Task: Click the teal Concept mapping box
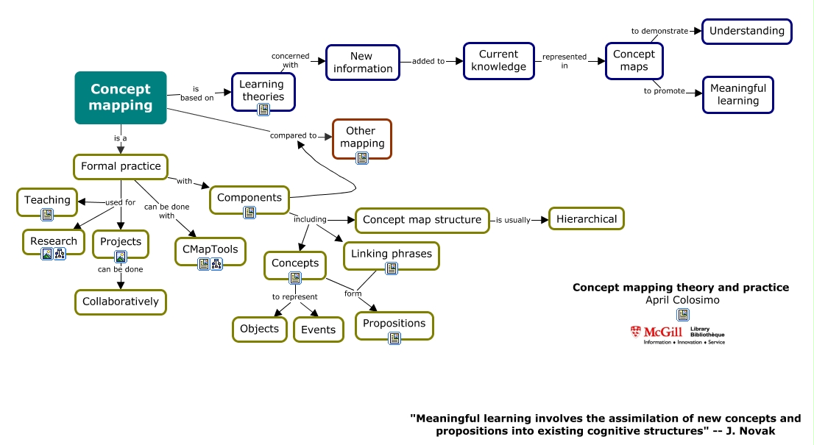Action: point(121,97)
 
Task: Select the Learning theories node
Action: point(262,91)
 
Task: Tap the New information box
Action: point(361,63)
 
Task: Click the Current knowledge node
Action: point(498,60)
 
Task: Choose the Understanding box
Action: point(747,31)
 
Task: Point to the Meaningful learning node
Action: point(737,94)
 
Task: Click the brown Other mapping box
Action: point(361,138)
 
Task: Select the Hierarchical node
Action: point(587,219)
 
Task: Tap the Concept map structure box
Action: point(422,220)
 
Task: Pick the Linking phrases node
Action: point(391,254)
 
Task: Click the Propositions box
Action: point(394,324)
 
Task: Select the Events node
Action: point(318,330)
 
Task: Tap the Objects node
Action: point(259,329)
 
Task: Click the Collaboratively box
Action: point(121,302)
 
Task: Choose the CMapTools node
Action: point(210,249)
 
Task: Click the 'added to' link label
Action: point(428,62)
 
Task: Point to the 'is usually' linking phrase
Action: point(512,220)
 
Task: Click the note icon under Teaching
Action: point(47,215)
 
